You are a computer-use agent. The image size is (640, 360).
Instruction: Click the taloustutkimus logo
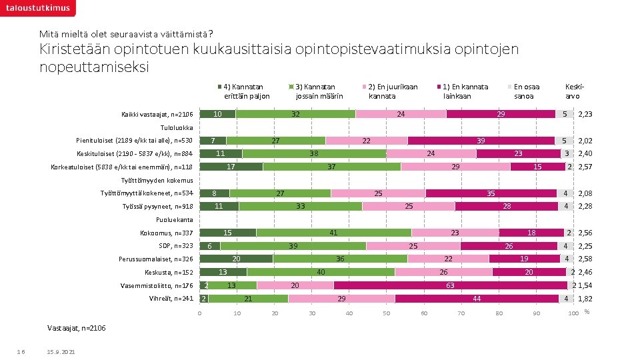click(37, 8)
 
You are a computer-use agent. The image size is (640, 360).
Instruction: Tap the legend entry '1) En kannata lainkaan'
click(465, 91)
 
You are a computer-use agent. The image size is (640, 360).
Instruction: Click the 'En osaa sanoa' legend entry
click(526, 91)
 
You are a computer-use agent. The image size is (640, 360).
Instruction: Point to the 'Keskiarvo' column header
click(573, 91)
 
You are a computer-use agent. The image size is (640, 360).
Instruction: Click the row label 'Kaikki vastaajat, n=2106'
click(157, 115)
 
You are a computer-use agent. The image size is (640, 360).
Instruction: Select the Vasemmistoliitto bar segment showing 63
click(450, 285)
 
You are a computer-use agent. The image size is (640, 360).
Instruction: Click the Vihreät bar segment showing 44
click(477, 299)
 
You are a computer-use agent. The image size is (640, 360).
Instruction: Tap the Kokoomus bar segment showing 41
click(333, 233)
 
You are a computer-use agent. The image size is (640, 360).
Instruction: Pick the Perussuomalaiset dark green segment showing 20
click(236, 259)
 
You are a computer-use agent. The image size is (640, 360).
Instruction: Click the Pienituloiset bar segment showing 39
click(481, 141)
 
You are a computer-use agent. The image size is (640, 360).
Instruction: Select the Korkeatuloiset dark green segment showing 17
click(231, 167)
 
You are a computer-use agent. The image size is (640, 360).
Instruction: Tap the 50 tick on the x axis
click(386, 314)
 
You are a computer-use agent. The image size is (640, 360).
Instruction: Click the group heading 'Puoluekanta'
click(174, 220)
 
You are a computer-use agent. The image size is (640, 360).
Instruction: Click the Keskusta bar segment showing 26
click(443, 272)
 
